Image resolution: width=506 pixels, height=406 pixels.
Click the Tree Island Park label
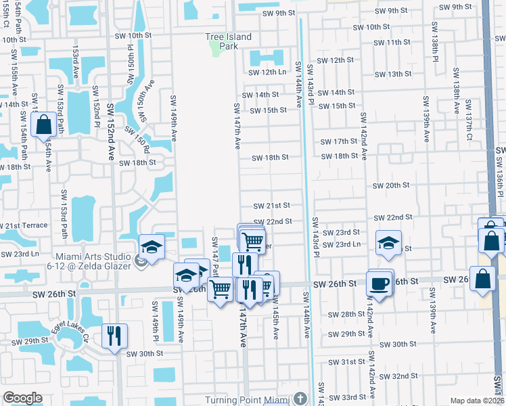coord(229,37)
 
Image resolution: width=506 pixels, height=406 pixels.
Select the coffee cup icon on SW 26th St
coord(379,283)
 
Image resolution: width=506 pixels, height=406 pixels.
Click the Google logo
coord(22,398)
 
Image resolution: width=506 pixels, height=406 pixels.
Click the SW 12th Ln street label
coord(269,72)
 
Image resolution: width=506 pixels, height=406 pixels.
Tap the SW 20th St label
coord(392,185)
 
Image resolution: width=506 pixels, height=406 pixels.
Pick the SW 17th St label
coord(340,141)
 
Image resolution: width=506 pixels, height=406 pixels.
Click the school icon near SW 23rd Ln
coord(388,244)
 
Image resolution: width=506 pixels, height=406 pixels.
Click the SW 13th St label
coord(394,74)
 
